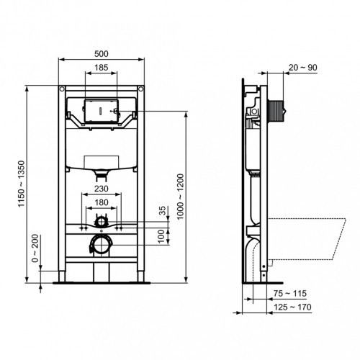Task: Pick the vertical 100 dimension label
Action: coord(162,235)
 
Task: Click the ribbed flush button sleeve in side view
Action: coord(274,112)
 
